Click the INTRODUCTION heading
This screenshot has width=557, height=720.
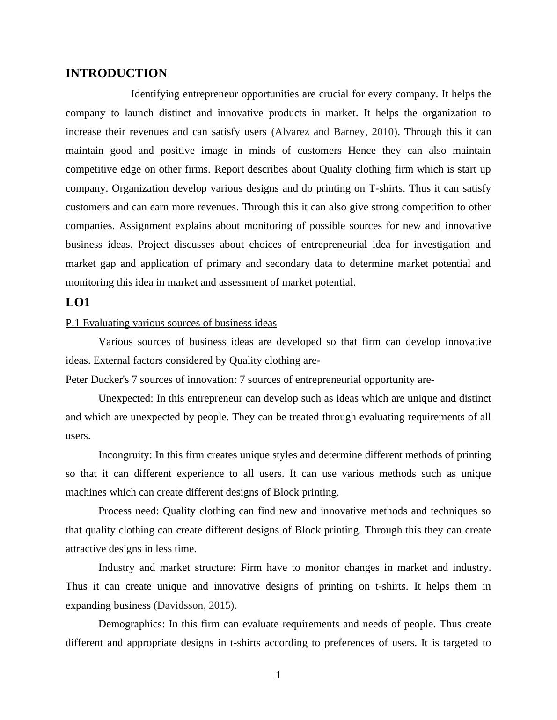(x=116, y=73)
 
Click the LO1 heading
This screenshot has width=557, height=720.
(x=78, y=302)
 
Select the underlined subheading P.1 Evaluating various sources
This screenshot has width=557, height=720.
(x=171, y=323)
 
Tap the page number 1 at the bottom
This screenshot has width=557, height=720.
(x=278, y=675)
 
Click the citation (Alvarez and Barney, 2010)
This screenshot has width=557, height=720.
(x=335, y=132)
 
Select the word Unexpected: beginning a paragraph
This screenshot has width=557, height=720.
(x=125, y=398)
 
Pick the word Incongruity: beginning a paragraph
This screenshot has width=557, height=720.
(x=125, y=455)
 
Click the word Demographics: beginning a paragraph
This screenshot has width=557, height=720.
(x=132, y=624)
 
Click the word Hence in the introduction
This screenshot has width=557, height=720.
(x=362, y=151)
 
